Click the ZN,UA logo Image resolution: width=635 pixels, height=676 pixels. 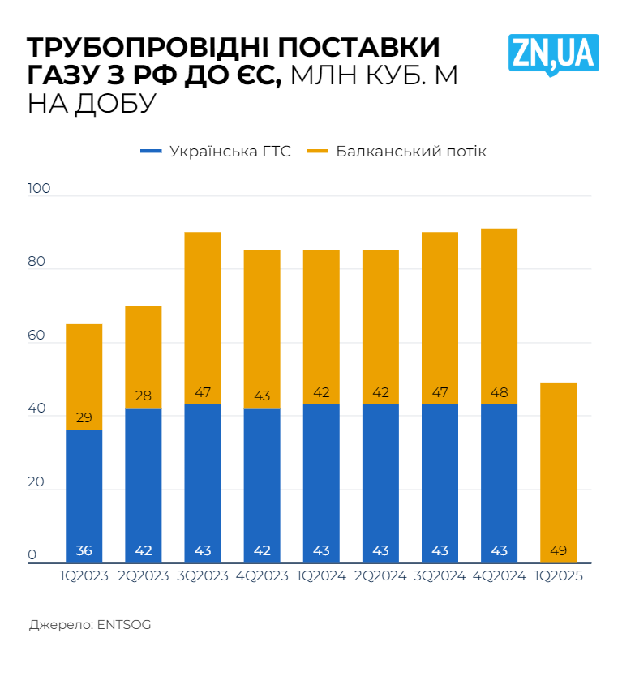pyautogui.click(x=554, y=53)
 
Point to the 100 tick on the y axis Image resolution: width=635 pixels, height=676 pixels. pyautogui.click(x=39, y=189)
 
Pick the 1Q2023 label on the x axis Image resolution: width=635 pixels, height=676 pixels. pyautogui.click(x=84, y=576)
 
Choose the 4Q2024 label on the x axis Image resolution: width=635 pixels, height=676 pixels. pyautogui.click(x=500, y=576)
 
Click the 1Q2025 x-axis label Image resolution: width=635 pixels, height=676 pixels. pyautogui.click(x=559, y=576)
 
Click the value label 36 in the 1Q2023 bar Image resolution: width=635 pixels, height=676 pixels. pyautogui.click(x=84, y=551)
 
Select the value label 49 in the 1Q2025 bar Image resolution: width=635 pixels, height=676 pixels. pyautogui.click(x=559, y=551)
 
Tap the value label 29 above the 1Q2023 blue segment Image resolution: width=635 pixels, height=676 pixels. pyautogui.click(x=84, y=418)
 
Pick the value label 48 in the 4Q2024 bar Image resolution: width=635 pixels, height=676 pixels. pyautogui.click(x=500, y=393)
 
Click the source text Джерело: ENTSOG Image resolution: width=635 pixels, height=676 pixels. pyautogui.click(x=90, y=625)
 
